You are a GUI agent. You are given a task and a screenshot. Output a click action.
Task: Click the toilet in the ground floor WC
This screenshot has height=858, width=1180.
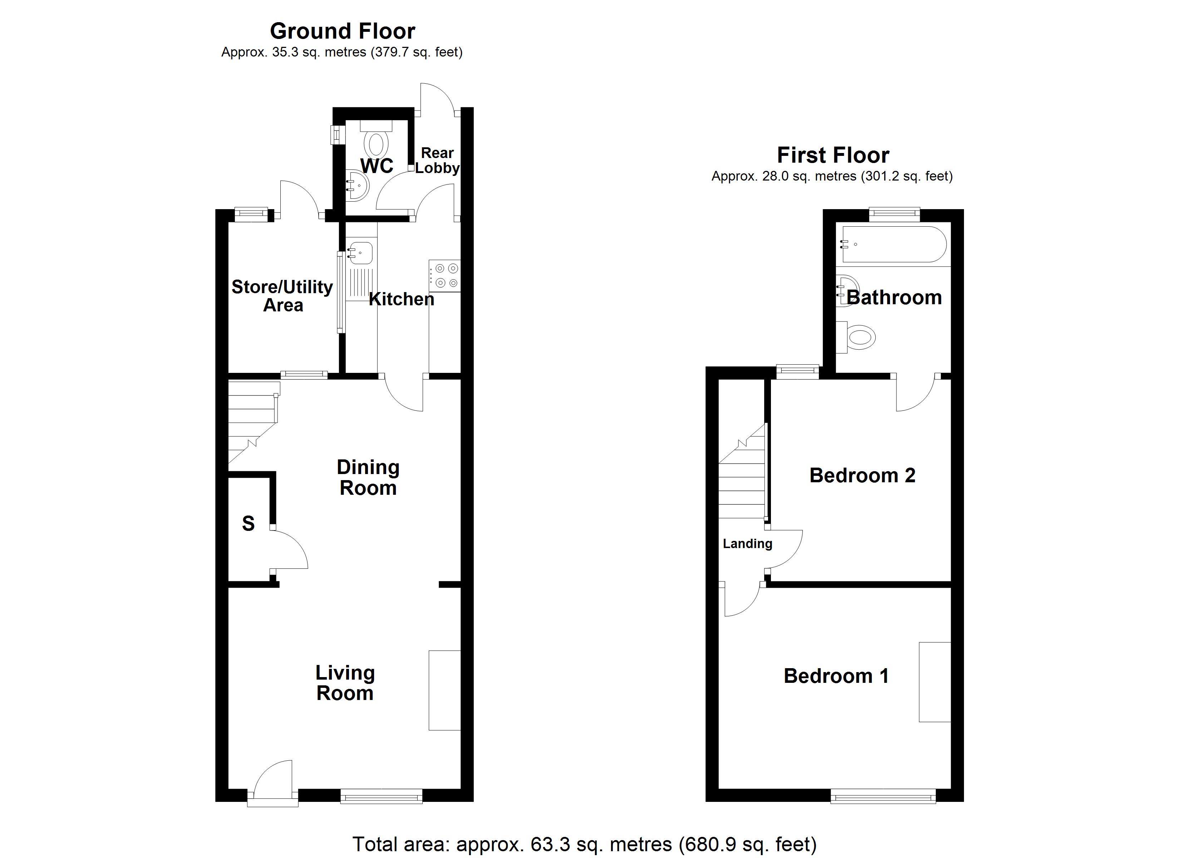[376, 143]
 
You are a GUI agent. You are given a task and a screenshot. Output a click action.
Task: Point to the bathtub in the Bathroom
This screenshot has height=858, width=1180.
[893, 244]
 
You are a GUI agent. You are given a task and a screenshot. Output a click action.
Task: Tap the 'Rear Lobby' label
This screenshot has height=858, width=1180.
[437, 160]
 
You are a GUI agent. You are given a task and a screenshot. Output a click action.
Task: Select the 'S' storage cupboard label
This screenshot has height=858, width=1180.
[248, 523]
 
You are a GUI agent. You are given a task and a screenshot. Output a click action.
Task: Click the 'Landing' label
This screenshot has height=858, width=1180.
[747, 544]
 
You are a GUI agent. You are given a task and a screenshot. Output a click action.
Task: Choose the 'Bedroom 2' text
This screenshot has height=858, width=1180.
[862, 475]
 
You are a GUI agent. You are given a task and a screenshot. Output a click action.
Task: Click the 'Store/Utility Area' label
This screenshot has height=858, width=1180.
[282, 296]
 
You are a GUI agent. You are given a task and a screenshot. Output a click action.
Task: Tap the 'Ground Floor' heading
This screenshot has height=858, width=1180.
[342, 31]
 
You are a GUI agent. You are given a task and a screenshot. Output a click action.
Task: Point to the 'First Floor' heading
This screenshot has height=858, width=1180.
[832, 155]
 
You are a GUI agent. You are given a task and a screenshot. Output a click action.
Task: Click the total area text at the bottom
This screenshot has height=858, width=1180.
[584, 844]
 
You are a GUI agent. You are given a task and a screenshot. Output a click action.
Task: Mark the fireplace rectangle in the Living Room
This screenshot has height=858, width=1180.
[444, 690]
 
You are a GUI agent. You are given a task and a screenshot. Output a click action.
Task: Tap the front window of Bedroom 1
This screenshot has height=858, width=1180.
[882, 796]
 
